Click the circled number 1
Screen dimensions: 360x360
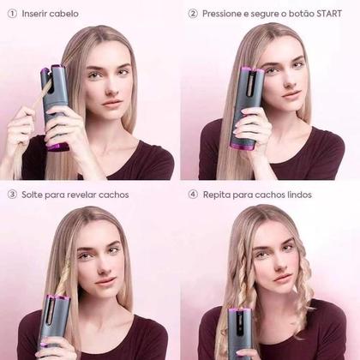pyautogui.click(x=12, y=13)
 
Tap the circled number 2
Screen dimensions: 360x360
pyautogui.click(x=193, y=13)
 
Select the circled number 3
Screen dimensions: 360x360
pyautogui.click(x=12, y=195)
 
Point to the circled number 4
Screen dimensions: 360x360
pyautogui.click(x=193, y=195)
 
